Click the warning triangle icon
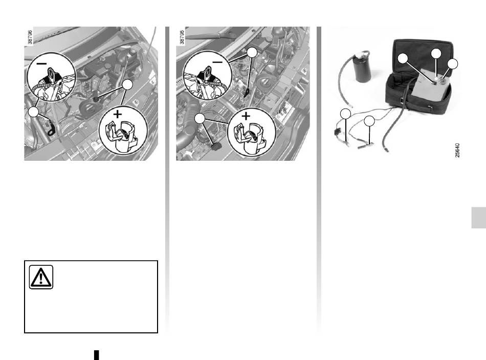pos(41,277)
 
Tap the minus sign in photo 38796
pos(41,63)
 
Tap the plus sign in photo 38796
pos(118,114)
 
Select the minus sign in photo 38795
pos(217,62)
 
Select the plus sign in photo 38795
pos(246,116)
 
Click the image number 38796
pos(30,37)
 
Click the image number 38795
pos(182,37)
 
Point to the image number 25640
pos(457,150)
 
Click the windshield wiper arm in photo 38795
pos(211,36)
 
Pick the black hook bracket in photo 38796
pos(50,129)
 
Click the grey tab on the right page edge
pos(478,218)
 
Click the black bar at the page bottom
pos(97,355)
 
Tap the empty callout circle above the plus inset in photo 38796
pos(127,84)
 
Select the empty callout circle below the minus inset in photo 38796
pos(33,112)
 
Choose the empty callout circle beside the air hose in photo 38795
pos(200,118)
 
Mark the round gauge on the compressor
pos(442,81)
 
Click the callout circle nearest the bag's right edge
pos(453,64)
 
